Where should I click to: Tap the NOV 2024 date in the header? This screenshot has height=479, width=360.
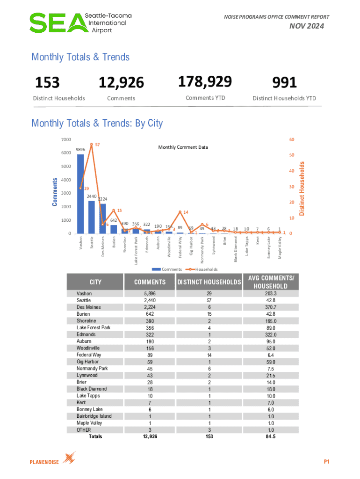[308, 27]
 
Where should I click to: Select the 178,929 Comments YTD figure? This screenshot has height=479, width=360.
[205, 82]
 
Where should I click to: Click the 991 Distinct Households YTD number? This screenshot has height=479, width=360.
[284, 83]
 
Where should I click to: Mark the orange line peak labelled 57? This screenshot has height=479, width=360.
[92, 145]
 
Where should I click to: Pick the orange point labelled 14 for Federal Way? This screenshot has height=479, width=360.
[180, 212]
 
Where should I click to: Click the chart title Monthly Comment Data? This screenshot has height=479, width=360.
[183, 147]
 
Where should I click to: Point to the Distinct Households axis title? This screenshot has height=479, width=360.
[302, 189]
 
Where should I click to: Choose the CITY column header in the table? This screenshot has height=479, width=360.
[95, 282]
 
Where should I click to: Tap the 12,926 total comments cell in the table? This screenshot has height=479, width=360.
[150, 436]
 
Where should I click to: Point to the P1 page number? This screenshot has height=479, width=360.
[327, 462]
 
